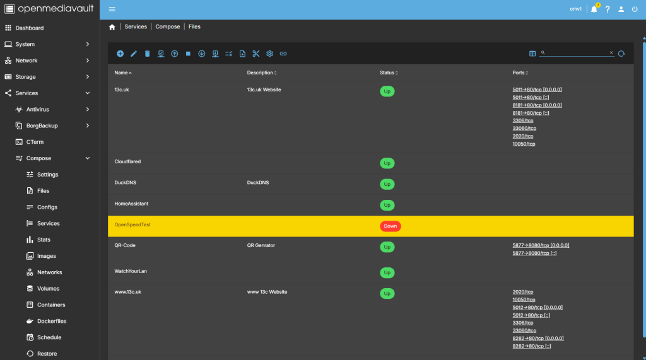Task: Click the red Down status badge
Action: tap(390, 226)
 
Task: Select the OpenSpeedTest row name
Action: tap(132, 225)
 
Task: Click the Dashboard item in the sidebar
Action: tap(29, 28)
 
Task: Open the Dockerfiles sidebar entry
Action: tap(52, 322)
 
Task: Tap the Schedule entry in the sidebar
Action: tap(49, 337)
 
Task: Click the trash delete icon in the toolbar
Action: tap(147, 54)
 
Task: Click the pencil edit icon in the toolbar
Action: tap(134, 54)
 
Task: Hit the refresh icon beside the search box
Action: tap(621, 54)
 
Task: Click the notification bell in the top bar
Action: tap(594, 9)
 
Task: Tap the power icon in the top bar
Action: tap(635, 9)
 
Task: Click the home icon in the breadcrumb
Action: tap(112, 27)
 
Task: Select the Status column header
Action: tap(387, 73)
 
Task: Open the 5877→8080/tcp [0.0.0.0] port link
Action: tap(541, 245)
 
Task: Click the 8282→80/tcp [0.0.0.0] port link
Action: tap(538, 339)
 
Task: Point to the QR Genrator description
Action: tap(261, 245)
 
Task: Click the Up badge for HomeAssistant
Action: tap(387, 205)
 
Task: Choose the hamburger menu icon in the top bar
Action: tap(112, 9)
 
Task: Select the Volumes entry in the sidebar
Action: tap(48, 289)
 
